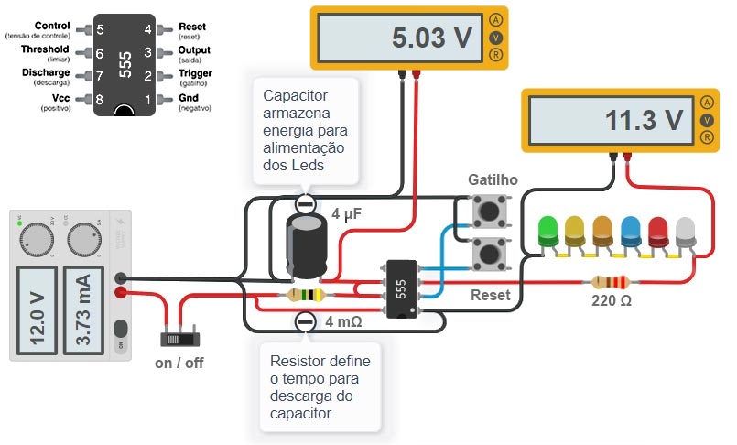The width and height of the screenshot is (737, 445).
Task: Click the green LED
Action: pos(548,229)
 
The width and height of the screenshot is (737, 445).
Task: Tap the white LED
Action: pos(686,229)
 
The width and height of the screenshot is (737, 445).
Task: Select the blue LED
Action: pos(631,229)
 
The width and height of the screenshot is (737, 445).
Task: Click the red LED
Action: pos(658,229)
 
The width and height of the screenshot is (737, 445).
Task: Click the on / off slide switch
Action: pos(175,338)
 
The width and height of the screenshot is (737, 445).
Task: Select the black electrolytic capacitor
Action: pos(306,245)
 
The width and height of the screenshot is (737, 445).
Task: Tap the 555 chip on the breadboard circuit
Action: pos(401,289)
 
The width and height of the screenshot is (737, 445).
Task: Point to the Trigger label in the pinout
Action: pos(194,73)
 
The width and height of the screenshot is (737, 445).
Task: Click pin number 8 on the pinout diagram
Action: pos(100,98)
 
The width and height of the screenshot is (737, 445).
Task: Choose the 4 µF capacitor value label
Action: pos(348,214)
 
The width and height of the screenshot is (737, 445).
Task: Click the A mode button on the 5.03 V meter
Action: pos(495,19)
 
